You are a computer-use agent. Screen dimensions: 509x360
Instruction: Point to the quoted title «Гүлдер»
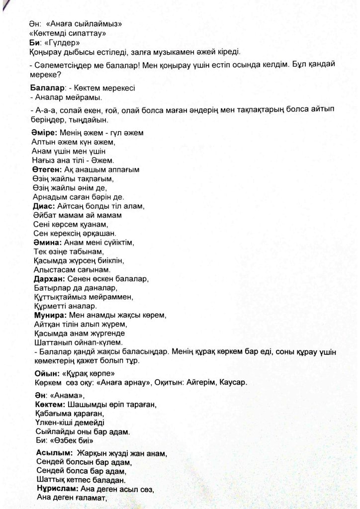point(61,43)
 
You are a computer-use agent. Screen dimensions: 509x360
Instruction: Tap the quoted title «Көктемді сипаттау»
point(70,33)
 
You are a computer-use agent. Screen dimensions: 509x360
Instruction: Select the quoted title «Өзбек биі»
point(71,441)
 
